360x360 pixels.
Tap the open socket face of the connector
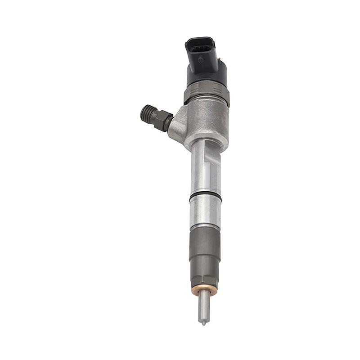(199, 45)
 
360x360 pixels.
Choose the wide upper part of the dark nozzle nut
(205, 243)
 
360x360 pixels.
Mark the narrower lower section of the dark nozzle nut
(205, 272)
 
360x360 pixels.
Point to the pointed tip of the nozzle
(203, 322)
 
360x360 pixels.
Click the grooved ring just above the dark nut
(205, 225)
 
